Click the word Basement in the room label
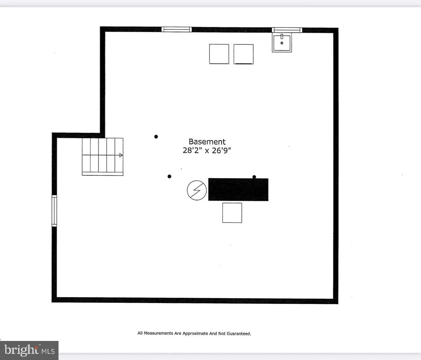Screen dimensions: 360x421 (207, 142)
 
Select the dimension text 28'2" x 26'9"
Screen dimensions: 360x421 (207, 150)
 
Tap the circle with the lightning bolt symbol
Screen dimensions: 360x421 (197, 190)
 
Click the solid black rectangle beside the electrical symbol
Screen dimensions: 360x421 (238, 190)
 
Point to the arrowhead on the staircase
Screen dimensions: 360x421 (121, 155)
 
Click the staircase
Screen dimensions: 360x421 (103, 157)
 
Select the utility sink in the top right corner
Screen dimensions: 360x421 (281, 43)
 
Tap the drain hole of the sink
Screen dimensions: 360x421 (282, 43)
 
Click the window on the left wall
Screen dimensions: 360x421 (54, 211)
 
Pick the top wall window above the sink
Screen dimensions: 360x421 (287, 30)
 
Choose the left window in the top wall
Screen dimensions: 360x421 (176, 30)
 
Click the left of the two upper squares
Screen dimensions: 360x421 (219, 54)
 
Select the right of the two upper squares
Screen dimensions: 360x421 (243, 54)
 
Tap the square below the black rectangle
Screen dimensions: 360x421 (232, 213)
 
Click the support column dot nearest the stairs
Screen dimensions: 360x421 (156, 137)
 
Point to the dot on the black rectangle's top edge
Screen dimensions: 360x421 (254, 177)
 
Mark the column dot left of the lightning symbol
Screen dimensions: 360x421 (169, 176)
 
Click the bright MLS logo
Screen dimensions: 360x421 (29, 350)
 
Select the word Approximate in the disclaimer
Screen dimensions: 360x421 (195, 333)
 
